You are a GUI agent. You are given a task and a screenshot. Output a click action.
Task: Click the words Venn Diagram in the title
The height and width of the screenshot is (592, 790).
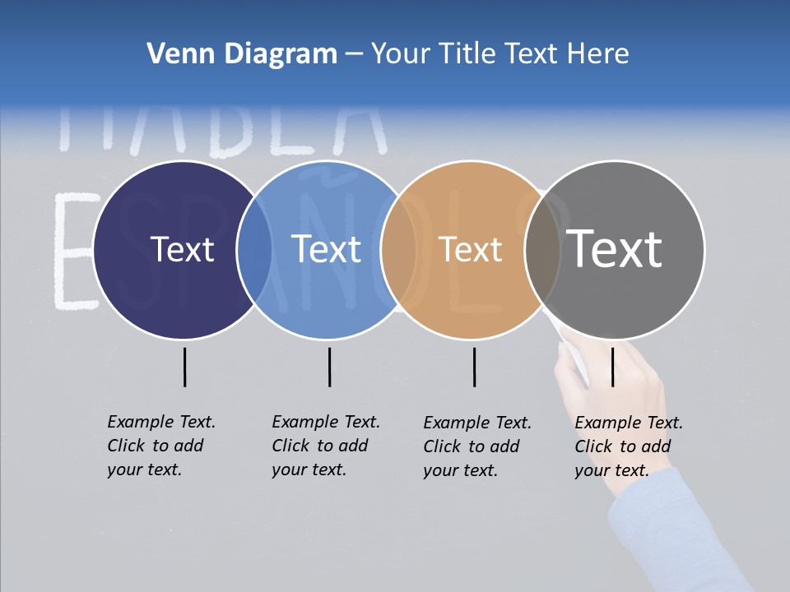click(242, 54)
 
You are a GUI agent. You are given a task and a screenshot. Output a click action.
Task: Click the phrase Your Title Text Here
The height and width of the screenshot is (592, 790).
click(500, 54)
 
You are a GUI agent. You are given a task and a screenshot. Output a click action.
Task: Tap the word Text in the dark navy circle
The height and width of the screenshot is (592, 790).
click(182, 249)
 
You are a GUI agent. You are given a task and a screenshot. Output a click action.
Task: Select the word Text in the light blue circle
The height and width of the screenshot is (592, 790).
click(327, 249)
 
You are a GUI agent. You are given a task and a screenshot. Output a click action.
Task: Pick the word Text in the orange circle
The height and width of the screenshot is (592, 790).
click(470, 249)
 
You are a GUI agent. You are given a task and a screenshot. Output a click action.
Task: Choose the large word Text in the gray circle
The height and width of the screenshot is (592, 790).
click(614, 248)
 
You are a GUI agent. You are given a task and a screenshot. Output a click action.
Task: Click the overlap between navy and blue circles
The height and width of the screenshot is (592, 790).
click(254, 250)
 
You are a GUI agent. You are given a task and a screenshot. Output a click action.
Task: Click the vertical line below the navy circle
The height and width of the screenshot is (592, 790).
click(184, 367)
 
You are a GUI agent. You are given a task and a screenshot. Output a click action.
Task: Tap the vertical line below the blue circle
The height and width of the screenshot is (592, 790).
click(329, 367)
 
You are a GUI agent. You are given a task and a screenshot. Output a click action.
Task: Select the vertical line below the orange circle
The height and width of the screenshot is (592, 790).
click(474, 367)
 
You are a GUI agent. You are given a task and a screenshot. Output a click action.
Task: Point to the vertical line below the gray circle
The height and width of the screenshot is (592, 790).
click(612, 367)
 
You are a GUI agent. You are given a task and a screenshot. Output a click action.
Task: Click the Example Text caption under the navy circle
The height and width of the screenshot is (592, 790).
click(160, 446)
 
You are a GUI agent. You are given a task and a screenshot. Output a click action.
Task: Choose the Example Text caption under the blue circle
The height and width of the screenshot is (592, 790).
click(325, 446)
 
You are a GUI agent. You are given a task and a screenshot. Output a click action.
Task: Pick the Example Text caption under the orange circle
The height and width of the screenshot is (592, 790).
click(476, 446)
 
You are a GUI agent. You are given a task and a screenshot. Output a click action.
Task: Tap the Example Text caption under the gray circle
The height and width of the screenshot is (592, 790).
click(628, 446)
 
